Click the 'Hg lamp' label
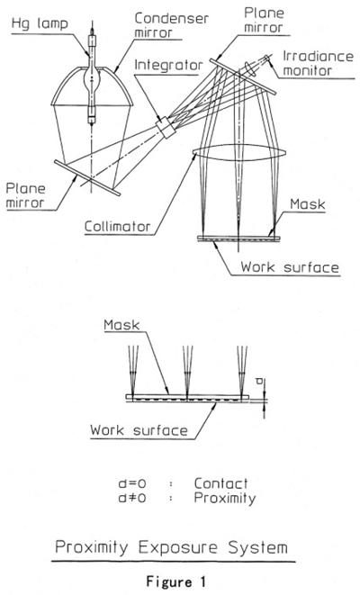[40, 24]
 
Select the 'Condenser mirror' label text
[172, 25]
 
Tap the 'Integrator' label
[168, 65]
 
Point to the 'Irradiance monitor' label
[318, 63]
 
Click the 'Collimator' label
[117, 227]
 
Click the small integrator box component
[166, 128]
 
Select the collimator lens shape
[239, 153]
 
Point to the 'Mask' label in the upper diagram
[307, 204]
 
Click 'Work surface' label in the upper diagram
[290, 266]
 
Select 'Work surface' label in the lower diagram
[139, 430]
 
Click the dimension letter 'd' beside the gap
[259, 381]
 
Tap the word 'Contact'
[220, 483]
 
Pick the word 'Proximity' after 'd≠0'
[225, 498]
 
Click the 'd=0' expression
[132, 483]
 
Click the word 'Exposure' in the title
[178, 547]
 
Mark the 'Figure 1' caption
[175, 581]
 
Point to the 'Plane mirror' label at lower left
[25, 196]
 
